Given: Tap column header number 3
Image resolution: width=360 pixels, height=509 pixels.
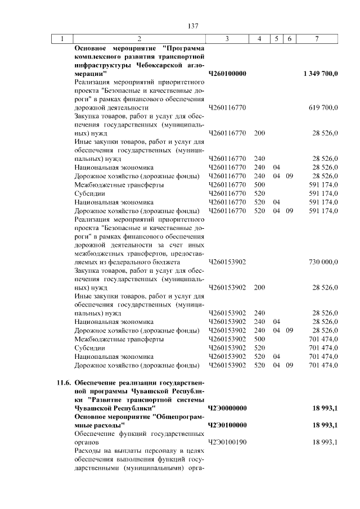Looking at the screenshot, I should (x=227, y=39).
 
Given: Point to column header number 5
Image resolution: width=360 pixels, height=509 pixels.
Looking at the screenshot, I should (x=276, y=39).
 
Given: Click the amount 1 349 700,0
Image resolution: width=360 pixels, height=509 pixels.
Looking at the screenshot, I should (x=320, y=74).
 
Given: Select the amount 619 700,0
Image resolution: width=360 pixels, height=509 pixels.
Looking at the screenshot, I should (x=323, y=107).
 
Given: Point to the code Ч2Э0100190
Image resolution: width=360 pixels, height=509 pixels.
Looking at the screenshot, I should (x=227, y=442).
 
